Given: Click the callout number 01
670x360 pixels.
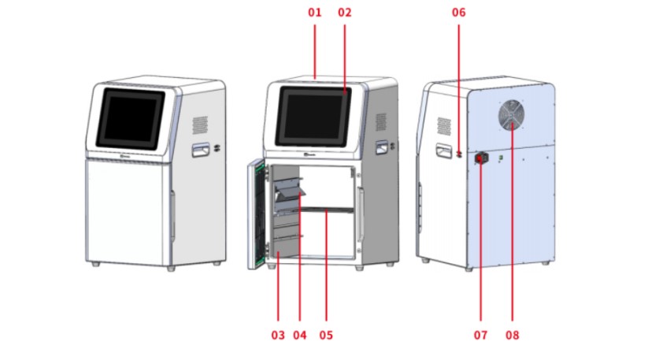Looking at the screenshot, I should point(315,13).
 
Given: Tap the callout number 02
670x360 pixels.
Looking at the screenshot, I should point(344,13).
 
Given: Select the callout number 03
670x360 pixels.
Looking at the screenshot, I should point(277,335).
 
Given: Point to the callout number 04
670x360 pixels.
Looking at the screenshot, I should point(299,335).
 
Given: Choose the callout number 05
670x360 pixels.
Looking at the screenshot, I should point(326,335).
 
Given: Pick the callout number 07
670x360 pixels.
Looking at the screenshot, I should point(480,335).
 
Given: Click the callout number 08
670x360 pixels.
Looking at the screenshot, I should point(512,335).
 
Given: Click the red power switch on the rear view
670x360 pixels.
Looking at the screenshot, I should point(480,158).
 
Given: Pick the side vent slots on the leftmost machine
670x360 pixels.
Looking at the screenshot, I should point(201,124).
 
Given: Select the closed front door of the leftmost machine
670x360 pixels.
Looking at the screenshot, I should point(126,209).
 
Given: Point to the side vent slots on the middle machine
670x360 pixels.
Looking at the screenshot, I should point(381,123).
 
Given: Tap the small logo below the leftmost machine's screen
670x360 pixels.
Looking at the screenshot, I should point(125,157).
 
